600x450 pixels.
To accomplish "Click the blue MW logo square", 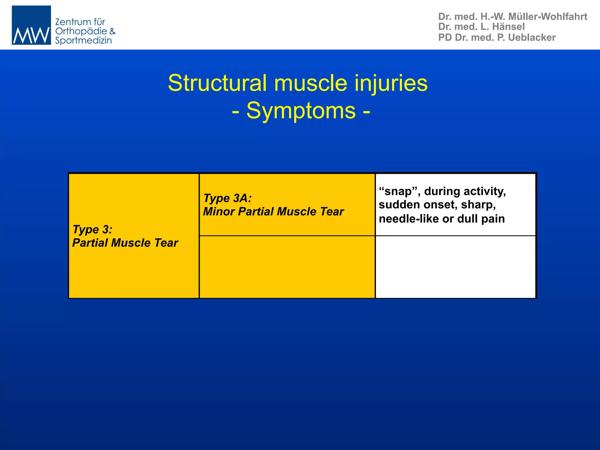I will tap(31, 25).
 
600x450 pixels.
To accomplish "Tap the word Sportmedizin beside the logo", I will tap(83, 40).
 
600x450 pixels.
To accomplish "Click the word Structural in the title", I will tap(217, 83).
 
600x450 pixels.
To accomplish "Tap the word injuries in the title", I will tap(391, 83).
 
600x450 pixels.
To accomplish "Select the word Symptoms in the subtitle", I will tap(301, 111).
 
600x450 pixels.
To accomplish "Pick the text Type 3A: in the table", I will tap(228, 198).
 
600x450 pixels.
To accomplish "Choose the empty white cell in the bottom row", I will tap(456, 267).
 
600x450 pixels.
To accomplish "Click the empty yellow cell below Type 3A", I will tap(287, 267).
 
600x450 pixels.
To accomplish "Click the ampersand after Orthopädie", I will tap(112, 31).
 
